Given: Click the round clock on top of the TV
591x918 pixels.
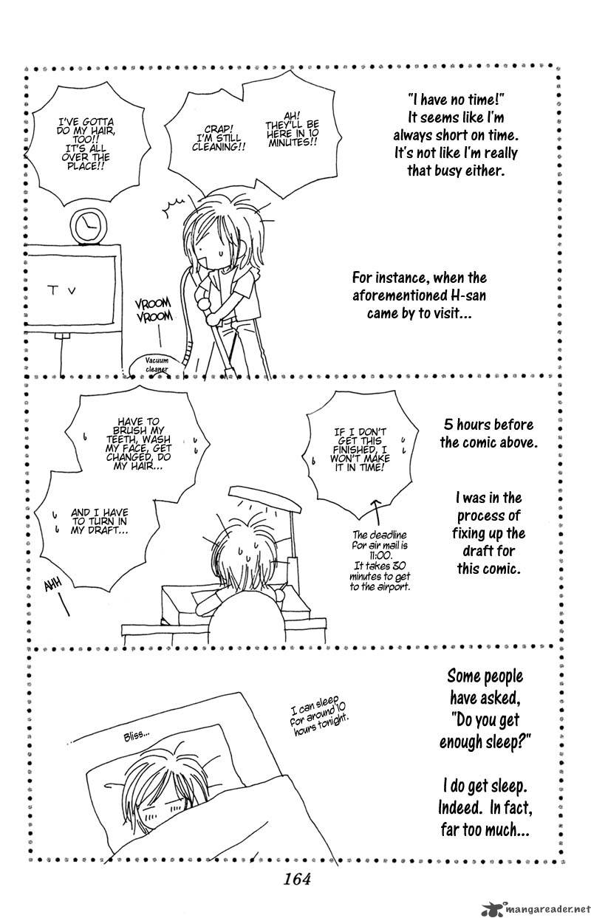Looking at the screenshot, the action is point(89,226).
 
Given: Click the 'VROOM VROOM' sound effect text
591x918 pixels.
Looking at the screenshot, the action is point(154,309).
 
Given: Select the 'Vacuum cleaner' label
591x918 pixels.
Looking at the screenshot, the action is point(157,364).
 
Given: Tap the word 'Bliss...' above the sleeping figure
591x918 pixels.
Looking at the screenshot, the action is point(136,736).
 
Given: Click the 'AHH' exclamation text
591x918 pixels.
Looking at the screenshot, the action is point(53,586).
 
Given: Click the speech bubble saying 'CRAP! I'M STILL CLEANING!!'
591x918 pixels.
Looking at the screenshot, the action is point(218,138).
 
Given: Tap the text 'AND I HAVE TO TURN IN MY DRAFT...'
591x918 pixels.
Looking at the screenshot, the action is point(100,521).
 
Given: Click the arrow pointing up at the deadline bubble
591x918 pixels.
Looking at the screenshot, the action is point(376,513).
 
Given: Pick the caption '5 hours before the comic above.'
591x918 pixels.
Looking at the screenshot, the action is point(488,434).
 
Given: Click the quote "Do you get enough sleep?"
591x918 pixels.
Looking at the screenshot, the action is point(485,730).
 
